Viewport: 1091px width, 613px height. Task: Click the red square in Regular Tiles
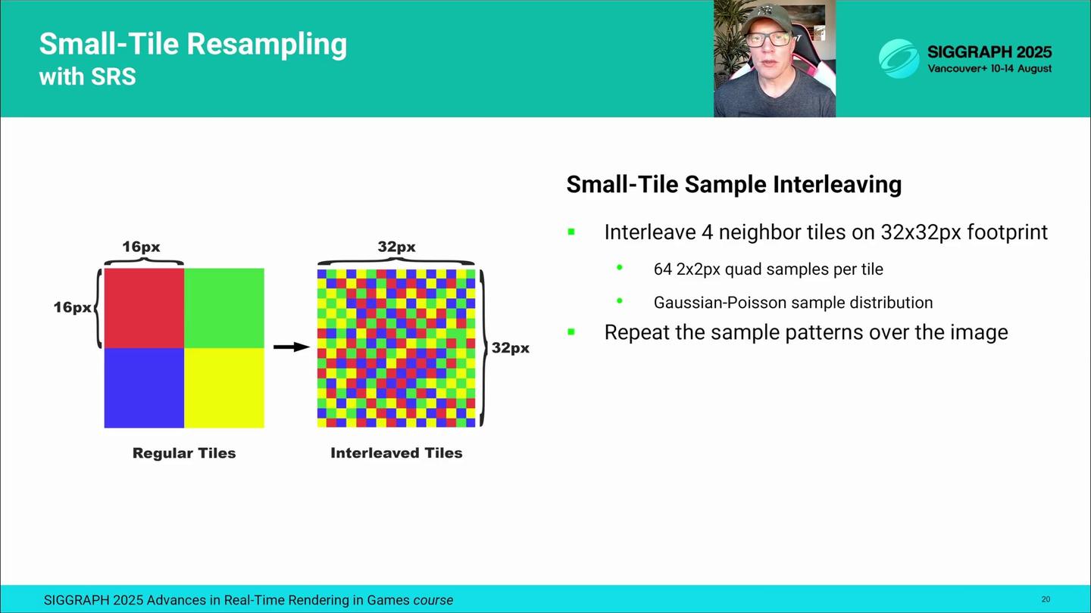click(x=144, y=308)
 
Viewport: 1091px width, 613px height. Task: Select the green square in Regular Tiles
click(x=224, y=308)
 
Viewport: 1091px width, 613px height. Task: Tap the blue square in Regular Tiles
click(x=144, y=388)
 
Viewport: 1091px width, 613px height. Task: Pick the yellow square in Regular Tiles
click(x=224, y=388)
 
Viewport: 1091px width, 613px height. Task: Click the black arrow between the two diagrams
click(x=292, y=347)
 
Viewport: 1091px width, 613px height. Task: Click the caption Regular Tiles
click(x=184, y=453)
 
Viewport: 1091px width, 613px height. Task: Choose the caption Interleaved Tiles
click(x=396, y=453)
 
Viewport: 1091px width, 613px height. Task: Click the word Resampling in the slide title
click(x=267, y=44)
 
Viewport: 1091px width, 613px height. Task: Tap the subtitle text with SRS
click(x=88, y=77)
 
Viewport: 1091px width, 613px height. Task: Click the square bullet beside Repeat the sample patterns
click(x=571, y=332)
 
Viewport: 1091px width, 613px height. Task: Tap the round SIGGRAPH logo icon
click(x=899, y=59)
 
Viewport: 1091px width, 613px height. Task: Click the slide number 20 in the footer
click(x=1046, y=599)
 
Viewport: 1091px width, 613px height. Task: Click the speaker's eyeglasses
click(x=768, y=39)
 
